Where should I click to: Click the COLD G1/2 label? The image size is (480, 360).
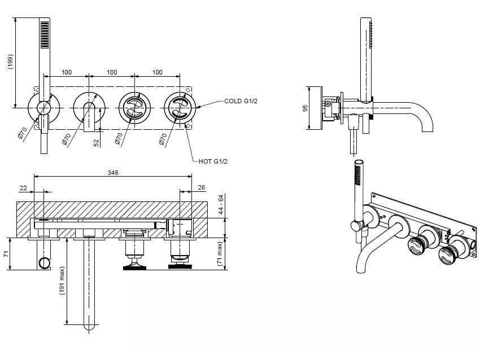click(x=241, y=102)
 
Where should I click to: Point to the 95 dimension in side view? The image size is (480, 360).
click(x=306, y=108)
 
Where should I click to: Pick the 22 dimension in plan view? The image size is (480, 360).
click(x=23, y=188)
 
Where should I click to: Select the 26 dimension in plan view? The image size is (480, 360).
click(x=202, y=188)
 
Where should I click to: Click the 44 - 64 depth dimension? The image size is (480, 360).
click(x=221, y=205)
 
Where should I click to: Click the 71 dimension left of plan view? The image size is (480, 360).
click(x=6, y=254)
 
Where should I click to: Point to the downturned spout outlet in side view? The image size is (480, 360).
click(x=426, y=126)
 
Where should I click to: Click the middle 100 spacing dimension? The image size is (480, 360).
click(x=112, y=72)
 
